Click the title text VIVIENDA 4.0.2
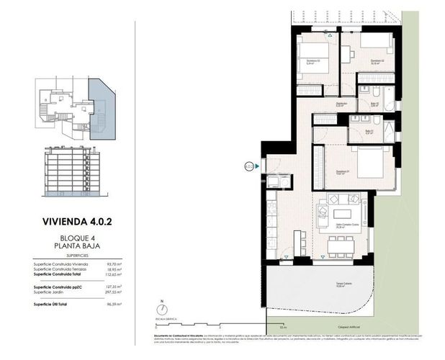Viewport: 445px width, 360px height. click(x=74, y=221)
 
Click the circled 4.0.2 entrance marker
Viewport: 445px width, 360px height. click(x=248, y=167)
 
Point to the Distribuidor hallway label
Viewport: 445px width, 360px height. click(x=341, y=104)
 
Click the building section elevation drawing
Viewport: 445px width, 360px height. click(x=73, y=172)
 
